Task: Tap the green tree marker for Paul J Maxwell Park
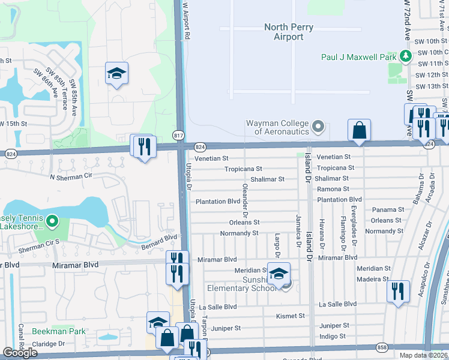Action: click(x=406, y=56)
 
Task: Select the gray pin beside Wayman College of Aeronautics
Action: click(x=318, y=127)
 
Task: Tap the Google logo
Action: click(x=20, y=353)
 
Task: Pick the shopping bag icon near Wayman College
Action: click(x=359, y=130)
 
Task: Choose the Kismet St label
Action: click(x=291, y=316)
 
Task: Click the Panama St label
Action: click(x=388, y=209)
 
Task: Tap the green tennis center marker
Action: click(x=52, y=222)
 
